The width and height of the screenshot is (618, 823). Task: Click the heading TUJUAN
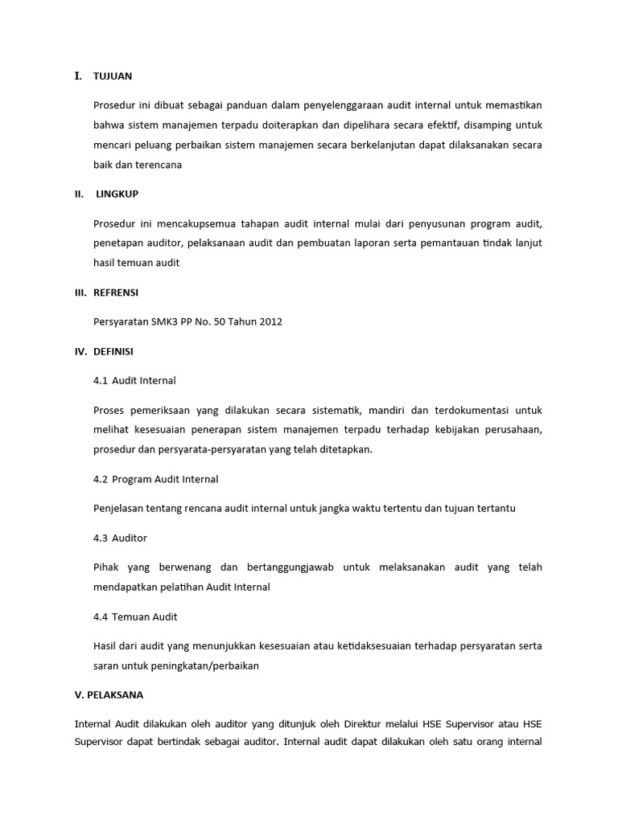113,76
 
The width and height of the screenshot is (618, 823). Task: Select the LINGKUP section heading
117,194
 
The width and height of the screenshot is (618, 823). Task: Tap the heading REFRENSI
116,293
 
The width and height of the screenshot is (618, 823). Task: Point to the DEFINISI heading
114,351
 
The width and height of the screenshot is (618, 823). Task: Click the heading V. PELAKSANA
109,694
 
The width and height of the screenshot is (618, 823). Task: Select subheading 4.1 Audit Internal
134,380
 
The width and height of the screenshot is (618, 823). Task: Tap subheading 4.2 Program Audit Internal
155,479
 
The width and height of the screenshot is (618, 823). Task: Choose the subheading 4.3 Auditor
120,538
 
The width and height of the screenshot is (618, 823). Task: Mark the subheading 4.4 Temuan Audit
135,616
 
